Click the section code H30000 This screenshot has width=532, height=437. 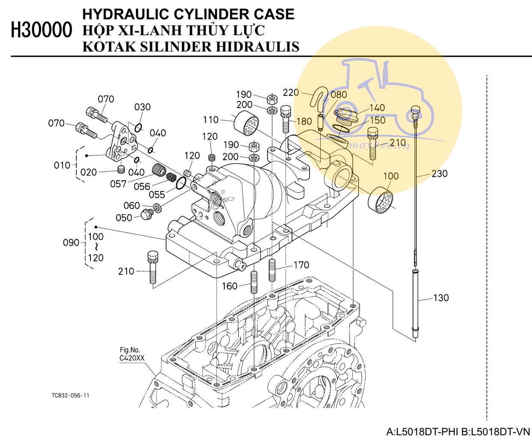pyautogui.click(x=42, y=30)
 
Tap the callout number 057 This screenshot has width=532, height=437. pyautogui.click(x=118, y=184)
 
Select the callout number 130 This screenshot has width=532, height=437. pyautogui.click(x=441, y=298)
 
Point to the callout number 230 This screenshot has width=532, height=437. pyautogui.click(x=439, y=173)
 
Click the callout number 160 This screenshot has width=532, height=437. pyautogui.click(x=229, y=286)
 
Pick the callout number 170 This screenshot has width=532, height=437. pyautogui.click(x=301, y=265)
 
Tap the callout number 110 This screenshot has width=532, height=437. pyautogui.click(x=211, y=120)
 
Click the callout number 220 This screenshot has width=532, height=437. pyautogui.click(x=291, y=93)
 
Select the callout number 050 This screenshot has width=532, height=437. pyautogui.click(x=124, y=218)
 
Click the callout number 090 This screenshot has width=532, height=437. pyautogui.click(x=71, y=243)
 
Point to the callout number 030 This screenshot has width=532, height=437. pyautogui.click(x=142, y=107)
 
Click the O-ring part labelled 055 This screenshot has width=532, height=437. pyautogui.click(x=181, y=183)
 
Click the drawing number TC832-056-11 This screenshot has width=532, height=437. pyautogui.click(x=70, y=395)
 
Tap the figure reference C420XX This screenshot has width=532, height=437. pyautogui.click(x=132, y=358)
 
